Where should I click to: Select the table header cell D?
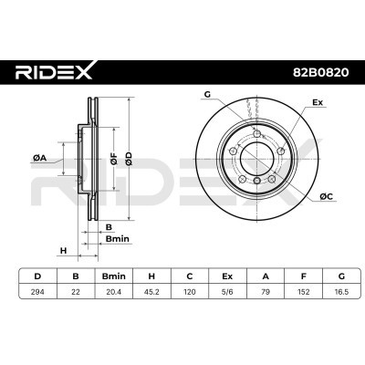[x=37, y=275]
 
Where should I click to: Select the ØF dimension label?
[x=114, y=157]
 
